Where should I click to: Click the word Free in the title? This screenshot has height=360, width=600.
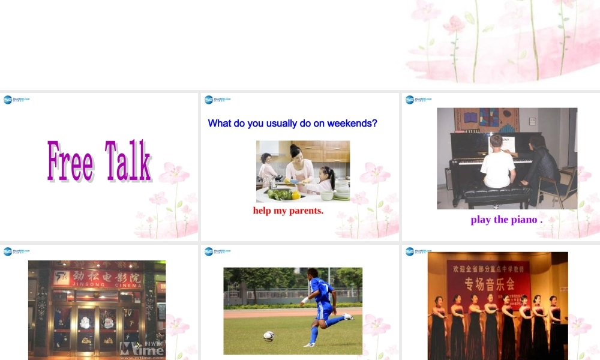(x=70, y=161)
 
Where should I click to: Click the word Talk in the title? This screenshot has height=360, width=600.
(x=128, y=161)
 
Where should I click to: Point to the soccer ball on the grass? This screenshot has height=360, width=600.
(x=269, y=336)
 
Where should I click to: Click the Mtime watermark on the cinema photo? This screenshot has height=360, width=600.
(x=142, y=349)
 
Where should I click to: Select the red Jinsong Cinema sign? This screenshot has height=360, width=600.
(x=106, y=278)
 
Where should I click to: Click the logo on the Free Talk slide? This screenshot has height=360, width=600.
(x=16, y=100)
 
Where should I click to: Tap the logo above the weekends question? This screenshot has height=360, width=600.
(x=217, y=100)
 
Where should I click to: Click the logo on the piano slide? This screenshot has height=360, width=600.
(x=418, y=100)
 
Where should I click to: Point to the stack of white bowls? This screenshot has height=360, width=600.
(x=341, y=189)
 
